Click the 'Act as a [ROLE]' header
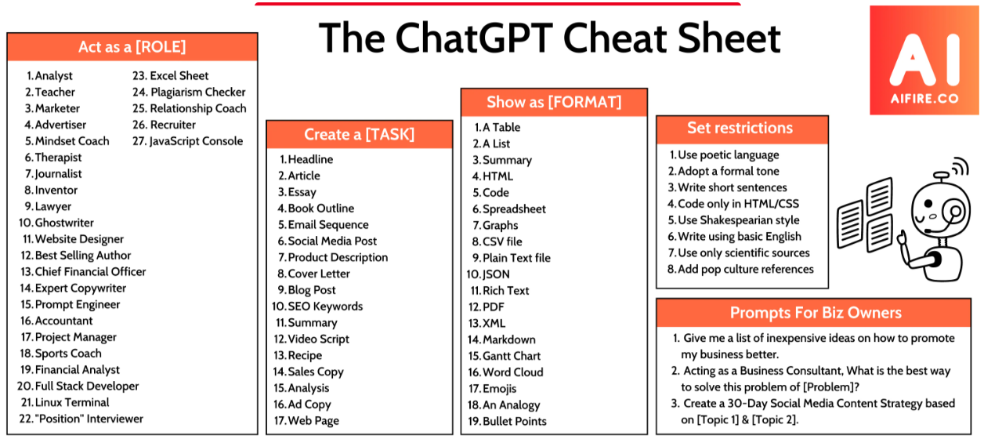(x=132, y=47)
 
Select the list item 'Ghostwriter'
(x=64, y=223)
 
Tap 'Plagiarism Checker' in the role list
(x=198, y=93)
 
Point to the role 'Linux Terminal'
(x=72, y=402)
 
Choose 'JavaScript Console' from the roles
(x=196, y=141)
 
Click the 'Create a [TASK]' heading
(x=360, y=135)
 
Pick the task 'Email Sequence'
(x=328, y=225)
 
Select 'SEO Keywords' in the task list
(x=325, y=307)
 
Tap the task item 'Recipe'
(x=305, y=355)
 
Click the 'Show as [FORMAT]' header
(x=554, y=103)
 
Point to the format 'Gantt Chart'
(x=512, y=356)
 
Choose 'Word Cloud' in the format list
(x=513, y=372)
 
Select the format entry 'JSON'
(x=497, y=274)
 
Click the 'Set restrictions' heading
(x=740, y=128)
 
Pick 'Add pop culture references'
(x=746, y=270)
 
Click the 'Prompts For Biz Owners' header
(x=816, y=313)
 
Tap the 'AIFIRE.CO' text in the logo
(x=924, y=99)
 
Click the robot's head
(x=940, y=209)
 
